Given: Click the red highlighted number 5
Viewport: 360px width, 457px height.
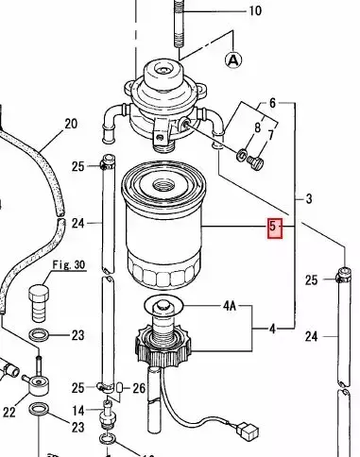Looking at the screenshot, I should coord(275,227).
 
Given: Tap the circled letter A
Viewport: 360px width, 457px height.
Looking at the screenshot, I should coord(233,59).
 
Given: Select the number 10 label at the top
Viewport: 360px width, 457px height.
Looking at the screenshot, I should coord(254,11).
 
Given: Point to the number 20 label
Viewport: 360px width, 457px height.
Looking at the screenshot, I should coord(70,124).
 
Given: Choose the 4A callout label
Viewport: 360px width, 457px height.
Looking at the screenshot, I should coord(230,306).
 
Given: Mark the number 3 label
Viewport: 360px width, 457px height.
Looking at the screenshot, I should coord(308,198).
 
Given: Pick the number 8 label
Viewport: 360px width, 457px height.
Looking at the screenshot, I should coord(257,126).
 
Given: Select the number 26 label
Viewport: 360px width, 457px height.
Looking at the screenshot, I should coord(138,388).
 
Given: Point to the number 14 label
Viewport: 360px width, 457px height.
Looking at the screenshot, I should coord(78,410).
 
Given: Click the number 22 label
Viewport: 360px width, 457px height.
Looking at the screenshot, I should coord(9,412).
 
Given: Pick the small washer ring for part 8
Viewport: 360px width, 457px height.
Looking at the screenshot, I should coord(243,154).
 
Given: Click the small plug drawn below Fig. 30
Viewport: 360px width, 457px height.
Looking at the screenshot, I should coord(41,301).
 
